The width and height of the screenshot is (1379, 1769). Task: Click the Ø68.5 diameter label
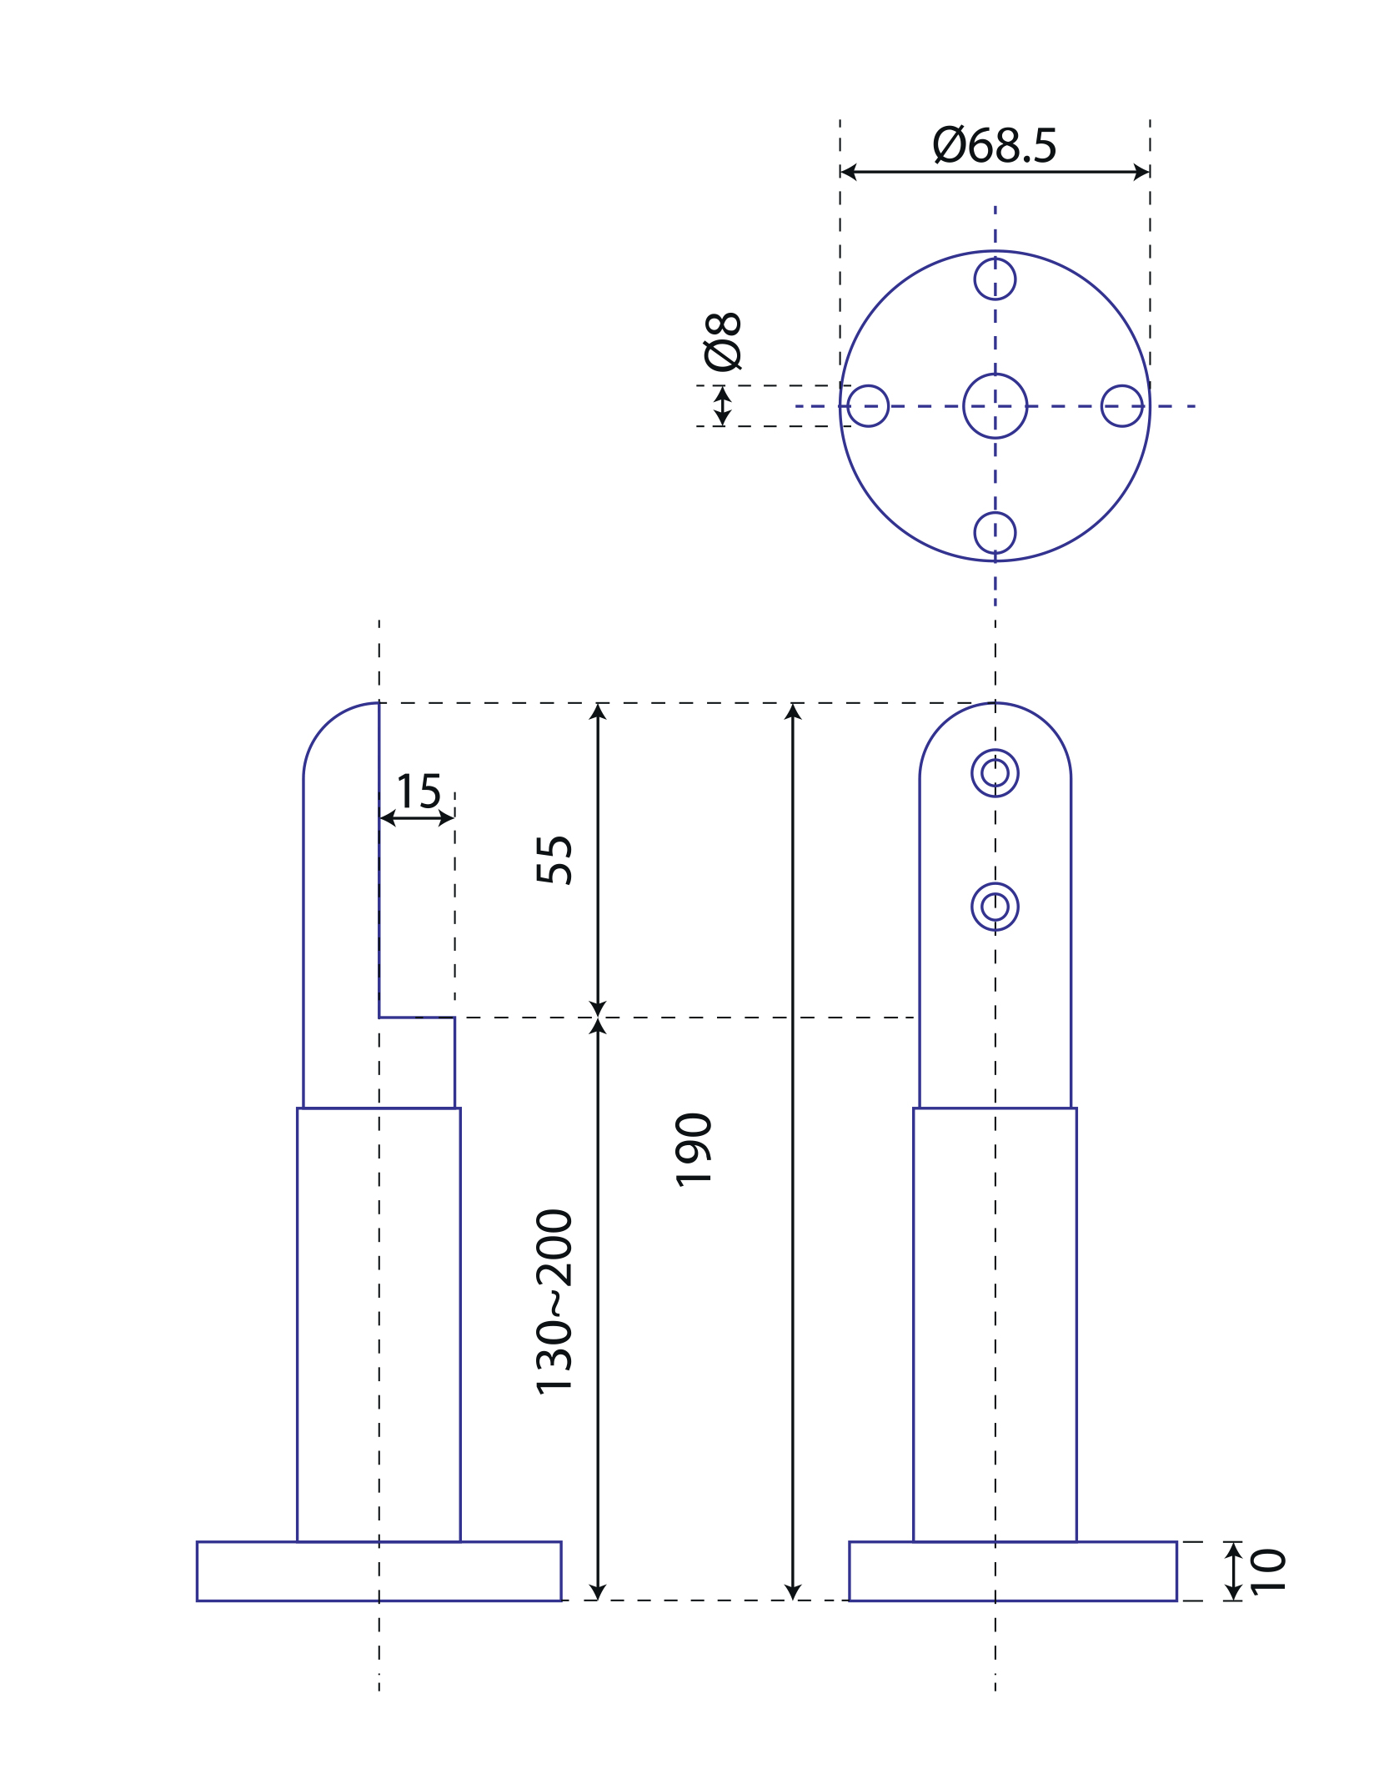(994, 146)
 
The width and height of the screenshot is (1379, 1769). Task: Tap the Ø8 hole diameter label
(722, 341)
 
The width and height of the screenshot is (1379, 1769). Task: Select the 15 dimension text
(419, 792)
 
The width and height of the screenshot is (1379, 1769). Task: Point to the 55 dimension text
(554, 859)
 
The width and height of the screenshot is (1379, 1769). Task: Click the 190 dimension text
(694, 1148)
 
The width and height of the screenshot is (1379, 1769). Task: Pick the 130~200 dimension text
(554, 1302)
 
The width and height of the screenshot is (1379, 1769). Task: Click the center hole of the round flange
(995, 406)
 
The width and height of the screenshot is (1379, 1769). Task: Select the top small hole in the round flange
(995, 279)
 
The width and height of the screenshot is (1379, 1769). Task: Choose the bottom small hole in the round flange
(995, 533)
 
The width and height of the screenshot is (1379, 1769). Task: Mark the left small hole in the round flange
(868, 406)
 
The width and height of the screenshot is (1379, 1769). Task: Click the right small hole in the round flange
(1122, 406)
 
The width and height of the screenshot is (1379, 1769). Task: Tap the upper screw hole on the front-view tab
(995, 773)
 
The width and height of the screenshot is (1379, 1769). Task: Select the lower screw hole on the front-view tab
(995, 907)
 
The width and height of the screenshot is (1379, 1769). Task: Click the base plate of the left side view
(379, 1571)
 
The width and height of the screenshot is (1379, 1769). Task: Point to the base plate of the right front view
(1012, 1571)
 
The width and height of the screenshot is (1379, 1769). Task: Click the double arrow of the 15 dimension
(417, 818)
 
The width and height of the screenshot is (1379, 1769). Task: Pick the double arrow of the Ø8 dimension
(722, 406)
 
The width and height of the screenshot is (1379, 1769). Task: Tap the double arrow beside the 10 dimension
(1233, 1571)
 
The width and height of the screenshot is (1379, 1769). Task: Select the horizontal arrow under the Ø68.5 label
(995, 173)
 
